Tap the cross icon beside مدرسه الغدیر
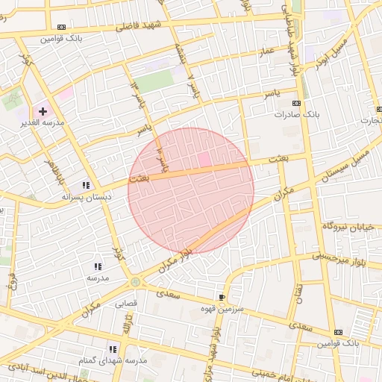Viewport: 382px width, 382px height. click(43, 111)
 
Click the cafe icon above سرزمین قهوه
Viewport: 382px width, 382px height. click(222, 296)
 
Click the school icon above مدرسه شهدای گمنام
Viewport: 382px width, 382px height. click(113, 348)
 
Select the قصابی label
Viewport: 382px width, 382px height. click(126, 304)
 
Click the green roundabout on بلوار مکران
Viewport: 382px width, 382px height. click(135, 281)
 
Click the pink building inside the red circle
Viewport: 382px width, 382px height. click(204, 160)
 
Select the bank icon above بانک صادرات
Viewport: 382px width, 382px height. click(297, 103)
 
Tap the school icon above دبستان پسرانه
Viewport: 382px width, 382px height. click(86, 185)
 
